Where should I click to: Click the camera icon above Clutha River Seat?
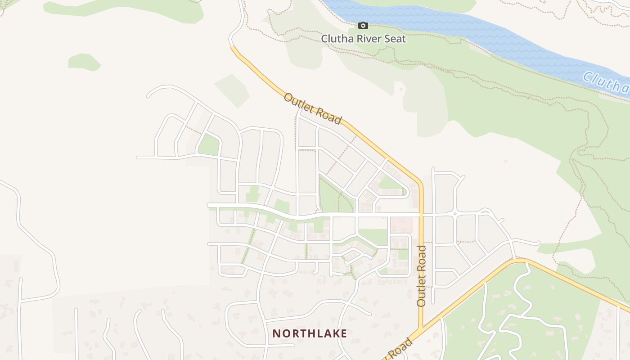point(363,26)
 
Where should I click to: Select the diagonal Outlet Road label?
point(312,108)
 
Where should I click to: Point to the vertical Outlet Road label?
point(421,276)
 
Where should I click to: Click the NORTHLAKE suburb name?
point(310,333)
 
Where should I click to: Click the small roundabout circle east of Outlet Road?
point(455,214)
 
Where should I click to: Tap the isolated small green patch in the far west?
point(83,62)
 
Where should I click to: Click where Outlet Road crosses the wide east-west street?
point(421,215)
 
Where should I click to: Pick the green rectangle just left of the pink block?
point(373,237)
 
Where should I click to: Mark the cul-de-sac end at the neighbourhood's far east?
point(538,243)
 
